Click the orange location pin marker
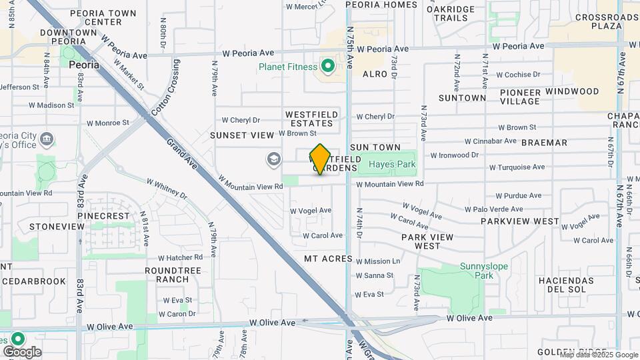click(x=320, y=159)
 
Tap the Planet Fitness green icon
click(x=327, y=66)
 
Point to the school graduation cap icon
click(x=273, y=159)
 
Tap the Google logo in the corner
click(x=22, y=351)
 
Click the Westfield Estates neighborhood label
click(x=309, y=119)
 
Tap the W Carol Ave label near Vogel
click(x=323, y=235)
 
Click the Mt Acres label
click(x=328, y=259)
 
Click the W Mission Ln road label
click(x=378, y=261)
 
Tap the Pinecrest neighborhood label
click(x=103, y=217)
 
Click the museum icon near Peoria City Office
click(x=47, y=140)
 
